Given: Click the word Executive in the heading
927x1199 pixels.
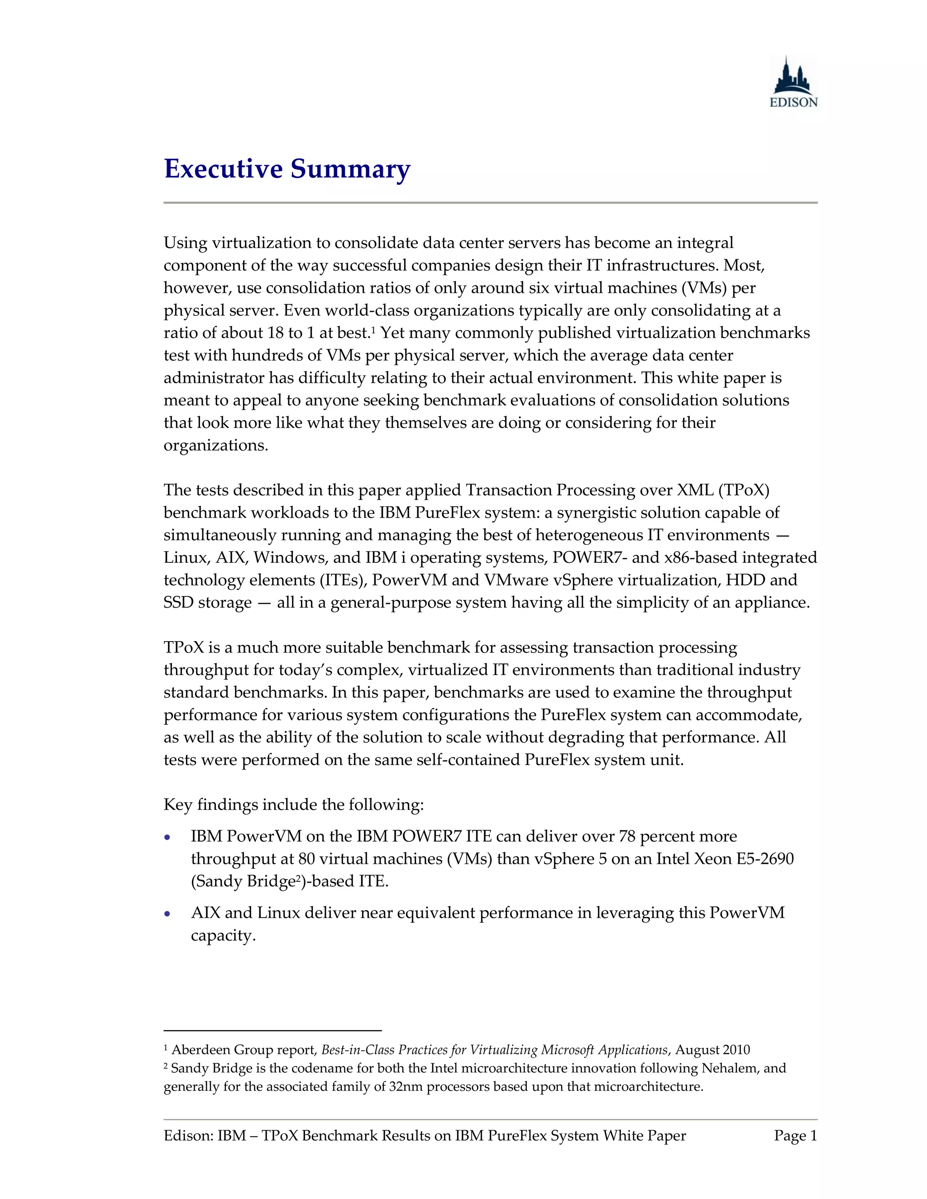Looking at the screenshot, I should point(222,169).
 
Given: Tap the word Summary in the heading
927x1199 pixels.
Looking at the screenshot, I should point(350,169).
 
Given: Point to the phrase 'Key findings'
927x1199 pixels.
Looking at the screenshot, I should point(210,805).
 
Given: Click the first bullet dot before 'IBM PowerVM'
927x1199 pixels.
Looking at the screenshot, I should point(168,838).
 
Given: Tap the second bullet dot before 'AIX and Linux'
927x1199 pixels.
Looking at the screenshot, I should point(168,914).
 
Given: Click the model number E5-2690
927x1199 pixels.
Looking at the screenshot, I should point(765,859).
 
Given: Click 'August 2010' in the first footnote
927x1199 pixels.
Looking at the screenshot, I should point(712,1050).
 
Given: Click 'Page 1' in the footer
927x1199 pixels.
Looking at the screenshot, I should point(795,1135).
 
